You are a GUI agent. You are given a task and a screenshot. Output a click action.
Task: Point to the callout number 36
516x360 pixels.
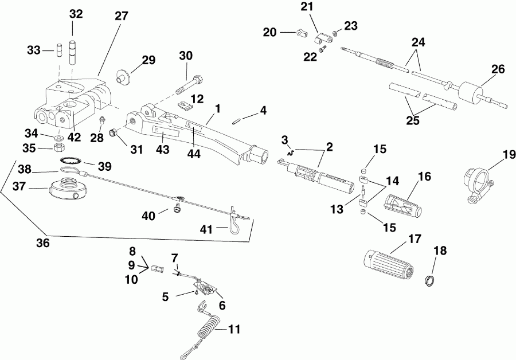[x=44, y=243]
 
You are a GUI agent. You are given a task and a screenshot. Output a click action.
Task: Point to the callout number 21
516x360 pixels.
[x=307, y=7]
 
